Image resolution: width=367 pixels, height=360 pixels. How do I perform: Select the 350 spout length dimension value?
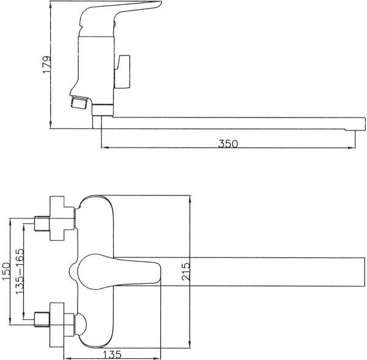(x=228, y=144)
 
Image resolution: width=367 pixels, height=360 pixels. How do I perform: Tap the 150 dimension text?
(x=6, y=271)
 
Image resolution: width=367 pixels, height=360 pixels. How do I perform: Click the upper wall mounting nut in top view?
(x=61, y=216)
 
